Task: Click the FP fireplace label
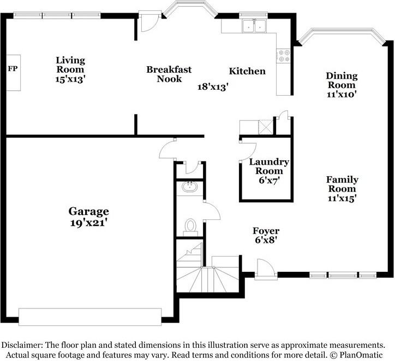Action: (13, 68)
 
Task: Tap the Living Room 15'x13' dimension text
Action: (70, 79)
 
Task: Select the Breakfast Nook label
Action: (169, 74)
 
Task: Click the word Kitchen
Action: (247, 71)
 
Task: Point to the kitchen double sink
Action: (254, 26)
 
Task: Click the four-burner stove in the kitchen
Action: (284, 56)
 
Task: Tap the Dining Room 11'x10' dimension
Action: (342, 94)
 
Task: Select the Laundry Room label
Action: (269, 166)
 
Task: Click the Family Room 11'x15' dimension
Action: (342, 198)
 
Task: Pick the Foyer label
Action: (266, 231)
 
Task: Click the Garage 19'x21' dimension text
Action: (89, 223)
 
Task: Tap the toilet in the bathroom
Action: (190, 225)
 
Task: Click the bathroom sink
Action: (190, 187)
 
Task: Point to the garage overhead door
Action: (90, 317)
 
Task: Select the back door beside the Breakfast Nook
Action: (149, 21)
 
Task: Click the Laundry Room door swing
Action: (248, 152)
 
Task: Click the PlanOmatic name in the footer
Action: (361, 354)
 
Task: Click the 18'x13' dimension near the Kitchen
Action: (213, 87)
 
